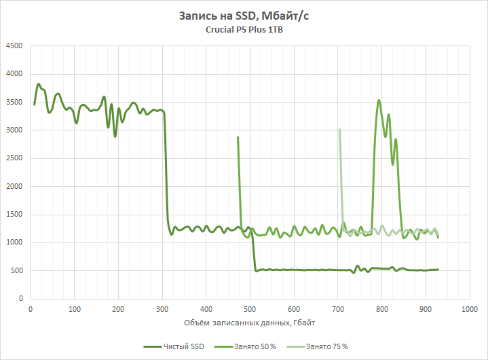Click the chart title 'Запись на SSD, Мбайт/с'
[x=244, y=16]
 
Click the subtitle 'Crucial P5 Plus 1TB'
[x=244, y=30]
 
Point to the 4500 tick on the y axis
[x=14, y=46]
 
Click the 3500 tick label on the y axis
[x=14, y=102]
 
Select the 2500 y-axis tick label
[x=14, y=158]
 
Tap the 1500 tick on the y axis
[x=14, y=215]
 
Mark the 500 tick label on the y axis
[x=16, y=271]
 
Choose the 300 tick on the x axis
[x=162, y=309]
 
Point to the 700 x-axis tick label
[x=337, y=309]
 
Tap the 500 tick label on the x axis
[x=249, y=309]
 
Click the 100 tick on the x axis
[x=74, y=309]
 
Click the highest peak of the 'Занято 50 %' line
[x=379, y=100]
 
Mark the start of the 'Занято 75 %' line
[x=339, y=130]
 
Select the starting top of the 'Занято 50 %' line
[x=238, y=137]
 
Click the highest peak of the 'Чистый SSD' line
[x=39, y=84]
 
